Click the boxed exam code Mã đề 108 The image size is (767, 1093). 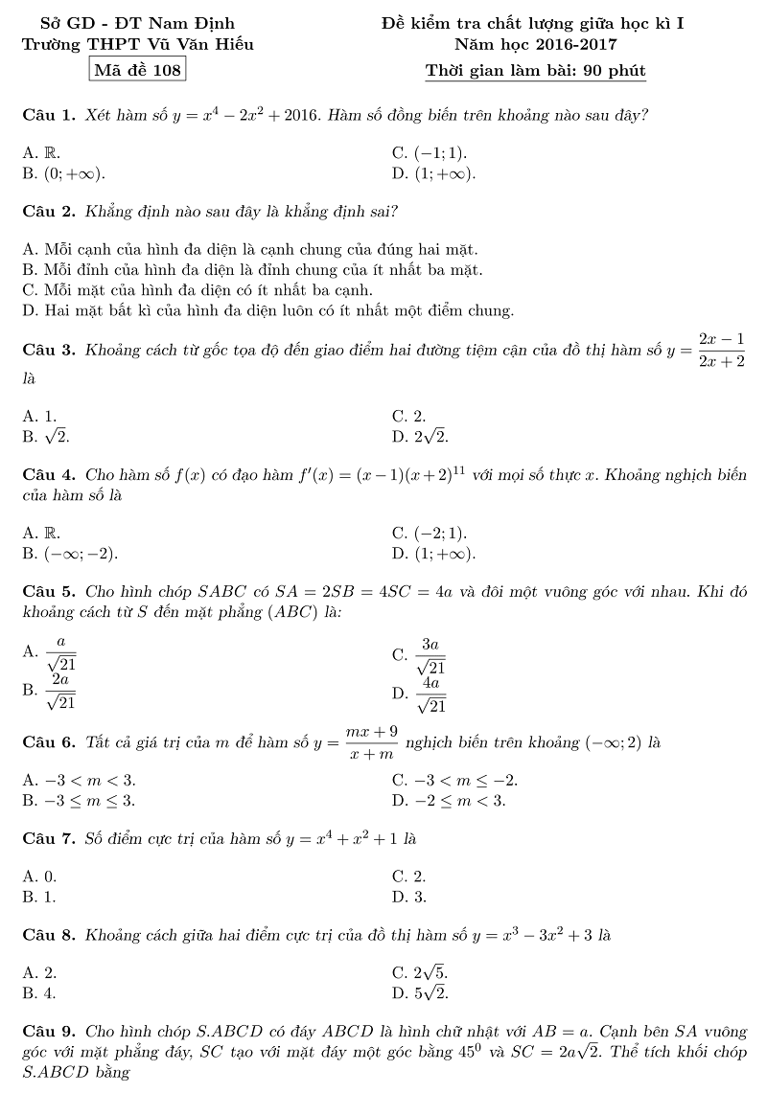click(135, 70)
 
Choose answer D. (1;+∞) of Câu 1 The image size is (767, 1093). click(433, 173)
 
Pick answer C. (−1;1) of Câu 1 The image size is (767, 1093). click(430, 152)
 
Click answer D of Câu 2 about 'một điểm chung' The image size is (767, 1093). click(268, 310)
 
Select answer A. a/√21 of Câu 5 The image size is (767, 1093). click(51, 651)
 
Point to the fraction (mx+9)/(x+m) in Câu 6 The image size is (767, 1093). click(371, 743)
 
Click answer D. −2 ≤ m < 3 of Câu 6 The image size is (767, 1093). click(449, 800)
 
